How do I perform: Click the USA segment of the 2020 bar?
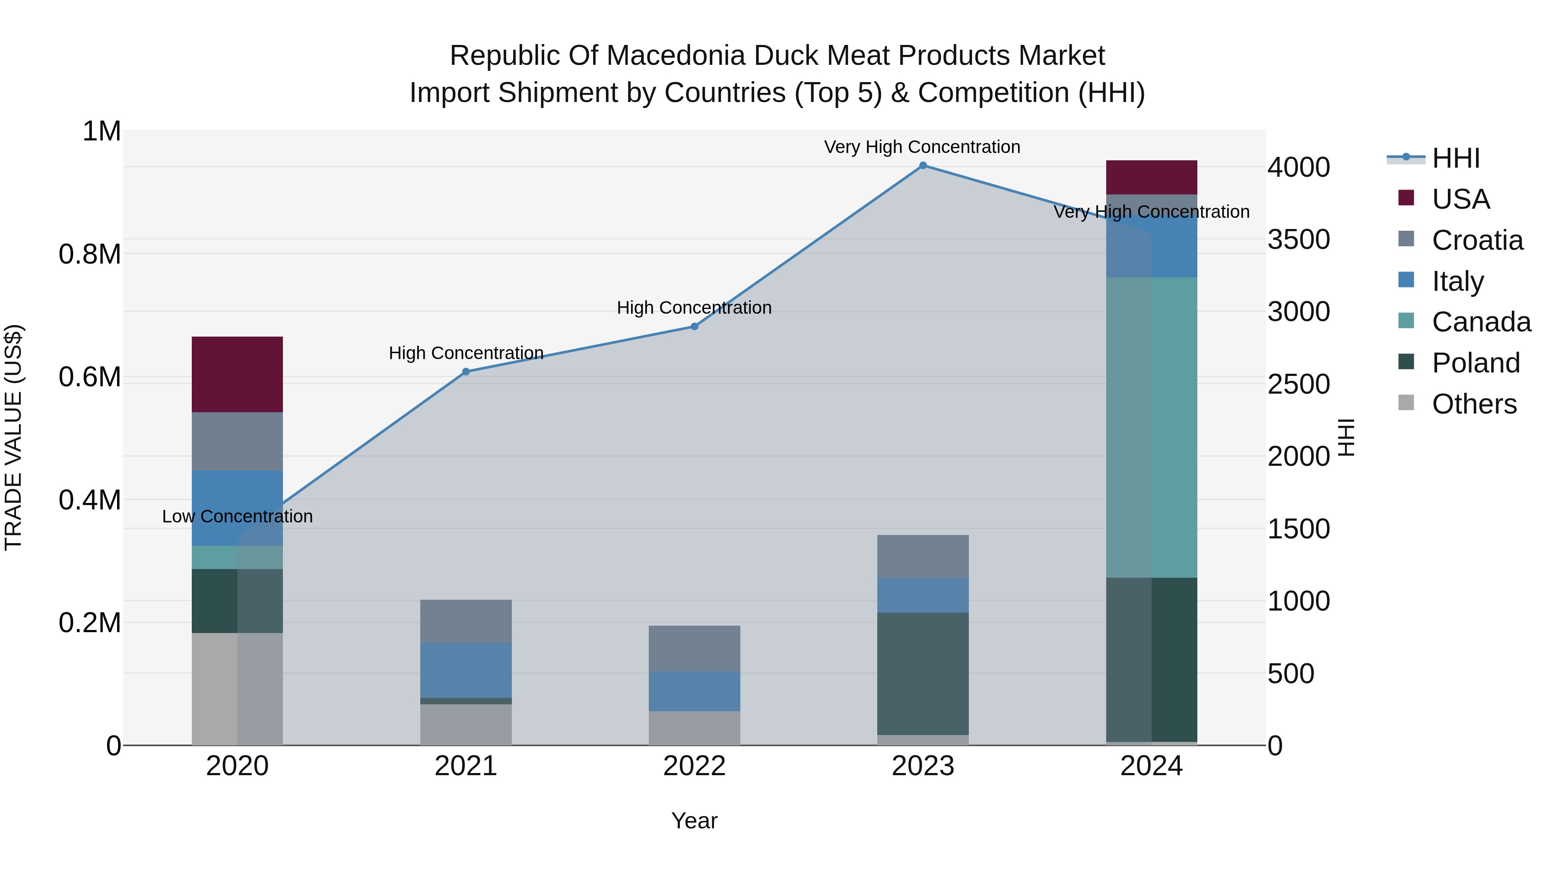(x=237, y=374)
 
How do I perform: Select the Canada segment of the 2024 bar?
(x=1151, y=427)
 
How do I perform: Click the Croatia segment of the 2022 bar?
(x=694, y=648)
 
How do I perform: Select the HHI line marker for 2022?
(x=694, y=327)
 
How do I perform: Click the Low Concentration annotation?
(x=237, y=516)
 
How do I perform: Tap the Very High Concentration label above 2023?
(x=922, y=147)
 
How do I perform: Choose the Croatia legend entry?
(x=1477, y=240)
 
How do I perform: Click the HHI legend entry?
(x=1455, y=158)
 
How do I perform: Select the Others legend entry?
(x=1473, y=404)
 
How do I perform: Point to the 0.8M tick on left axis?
(x=90, y=254)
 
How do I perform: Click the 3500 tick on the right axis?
(x=1298, y=240)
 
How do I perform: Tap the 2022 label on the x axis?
(x=694, y=766)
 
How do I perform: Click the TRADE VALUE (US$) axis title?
(x=13, y=437)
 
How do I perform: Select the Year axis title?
(x=694, y=821)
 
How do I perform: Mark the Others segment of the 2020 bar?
(x=237, y=688)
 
